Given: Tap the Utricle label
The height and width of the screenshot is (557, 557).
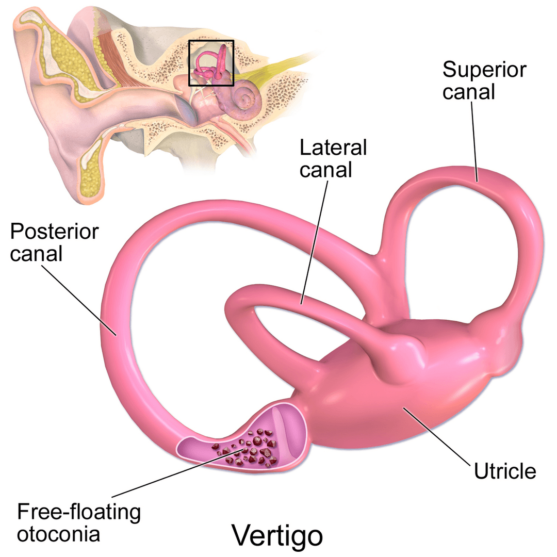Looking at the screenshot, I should coord(505,470).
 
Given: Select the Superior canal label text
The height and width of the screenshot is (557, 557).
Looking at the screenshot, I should coord(484,80).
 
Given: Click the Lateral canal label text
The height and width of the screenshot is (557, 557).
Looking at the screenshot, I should coord(333,158).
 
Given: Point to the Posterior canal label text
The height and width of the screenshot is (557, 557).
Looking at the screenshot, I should coord(54,242).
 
